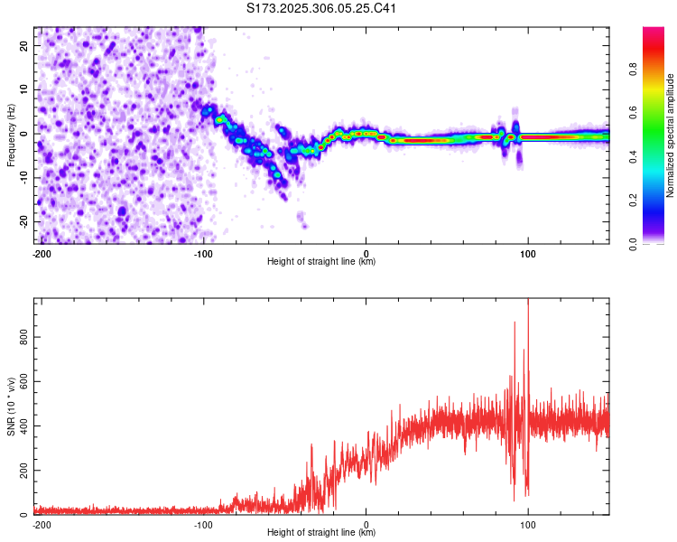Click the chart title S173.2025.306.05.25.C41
click(322, 8)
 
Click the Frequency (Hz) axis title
click(11, 134)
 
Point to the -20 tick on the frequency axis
click(24, 221)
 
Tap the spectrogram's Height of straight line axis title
click(321, 262)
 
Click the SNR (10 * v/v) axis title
click(12, 406)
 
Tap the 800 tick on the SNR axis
click(22, 339)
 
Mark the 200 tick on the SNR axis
click(22, 472)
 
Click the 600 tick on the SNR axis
click(22, 383)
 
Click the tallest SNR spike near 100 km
click(528, 302)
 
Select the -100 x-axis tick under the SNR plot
click(203, 524)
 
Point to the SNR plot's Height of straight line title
click(321, 533)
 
